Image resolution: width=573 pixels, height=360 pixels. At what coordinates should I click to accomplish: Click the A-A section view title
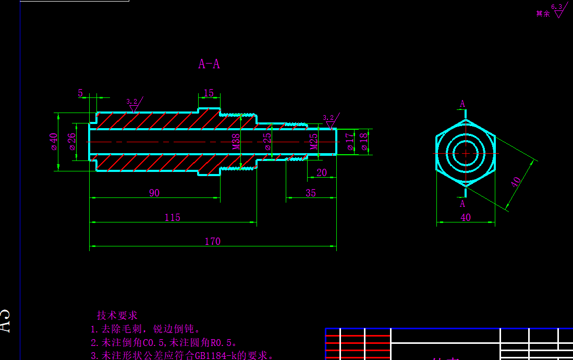(x=209, y=64)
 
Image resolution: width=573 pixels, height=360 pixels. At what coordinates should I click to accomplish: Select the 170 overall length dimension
(x=212, y=241)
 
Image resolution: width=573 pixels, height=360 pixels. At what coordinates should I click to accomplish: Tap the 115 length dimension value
(x=172, y=217)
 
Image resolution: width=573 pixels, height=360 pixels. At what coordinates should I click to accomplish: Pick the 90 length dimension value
(x=154, y=193)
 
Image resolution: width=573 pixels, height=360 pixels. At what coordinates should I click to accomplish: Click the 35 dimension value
(x=311, y=193)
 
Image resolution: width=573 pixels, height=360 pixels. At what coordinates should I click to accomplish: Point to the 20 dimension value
(x=322, y=172)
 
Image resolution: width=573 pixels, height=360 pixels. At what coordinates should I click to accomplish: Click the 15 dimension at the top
(x=209, y=93)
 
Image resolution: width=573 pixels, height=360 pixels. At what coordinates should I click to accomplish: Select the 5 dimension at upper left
(x=80, y=93)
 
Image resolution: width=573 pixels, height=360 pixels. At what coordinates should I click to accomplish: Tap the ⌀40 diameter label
(x=53, y=141)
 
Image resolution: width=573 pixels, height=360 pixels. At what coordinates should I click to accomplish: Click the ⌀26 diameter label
(x=72, y=141)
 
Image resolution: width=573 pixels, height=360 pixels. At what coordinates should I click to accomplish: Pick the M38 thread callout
(x=236, y=142)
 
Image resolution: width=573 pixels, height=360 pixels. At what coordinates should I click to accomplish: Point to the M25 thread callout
(x=314, y=142)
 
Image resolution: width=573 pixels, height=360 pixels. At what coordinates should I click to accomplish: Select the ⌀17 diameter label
(x=350, y=142)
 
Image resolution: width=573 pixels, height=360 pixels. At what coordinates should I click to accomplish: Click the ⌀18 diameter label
(x=363, y=142)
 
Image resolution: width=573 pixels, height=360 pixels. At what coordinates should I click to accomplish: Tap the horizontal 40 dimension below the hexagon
(x=466, y=217)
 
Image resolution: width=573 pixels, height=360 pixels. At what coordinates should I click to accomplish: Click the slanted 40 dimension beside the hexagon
(x=516, y=182)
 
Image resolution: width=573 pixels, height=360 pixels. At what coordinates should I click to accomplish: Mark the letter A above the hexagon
(x=462, y=104)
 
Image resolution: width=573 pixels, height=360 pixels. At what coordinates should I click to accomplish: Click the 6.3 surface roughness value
(x=557, y=7)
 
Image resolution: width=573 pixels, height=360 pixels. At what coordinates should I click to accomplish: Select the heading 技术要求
(x=117, y=315)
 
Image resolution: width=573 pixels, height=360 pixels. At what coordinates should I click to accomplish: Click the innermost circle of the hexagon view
(x=466, y=153)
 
